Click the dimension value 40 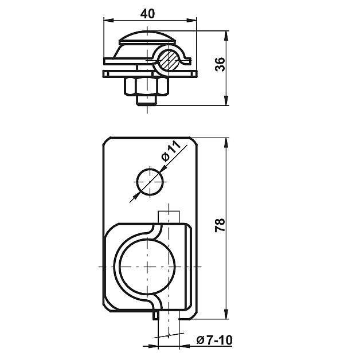pyautogui.click(x=147, y=14)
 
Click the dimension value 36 pyautogui.click(x=220, y=64)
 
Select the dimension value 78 pyautogui.click(x=220, y=225)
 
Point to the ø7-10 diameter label pyautogui.click(x=214, y=340)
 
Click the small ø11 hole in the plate pyautogui.click(x=150, y=182)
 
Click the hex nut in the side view pyautogui.click(x=147, y=86)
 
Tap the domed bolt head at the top pyautogui.click(x=147, y=37)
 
